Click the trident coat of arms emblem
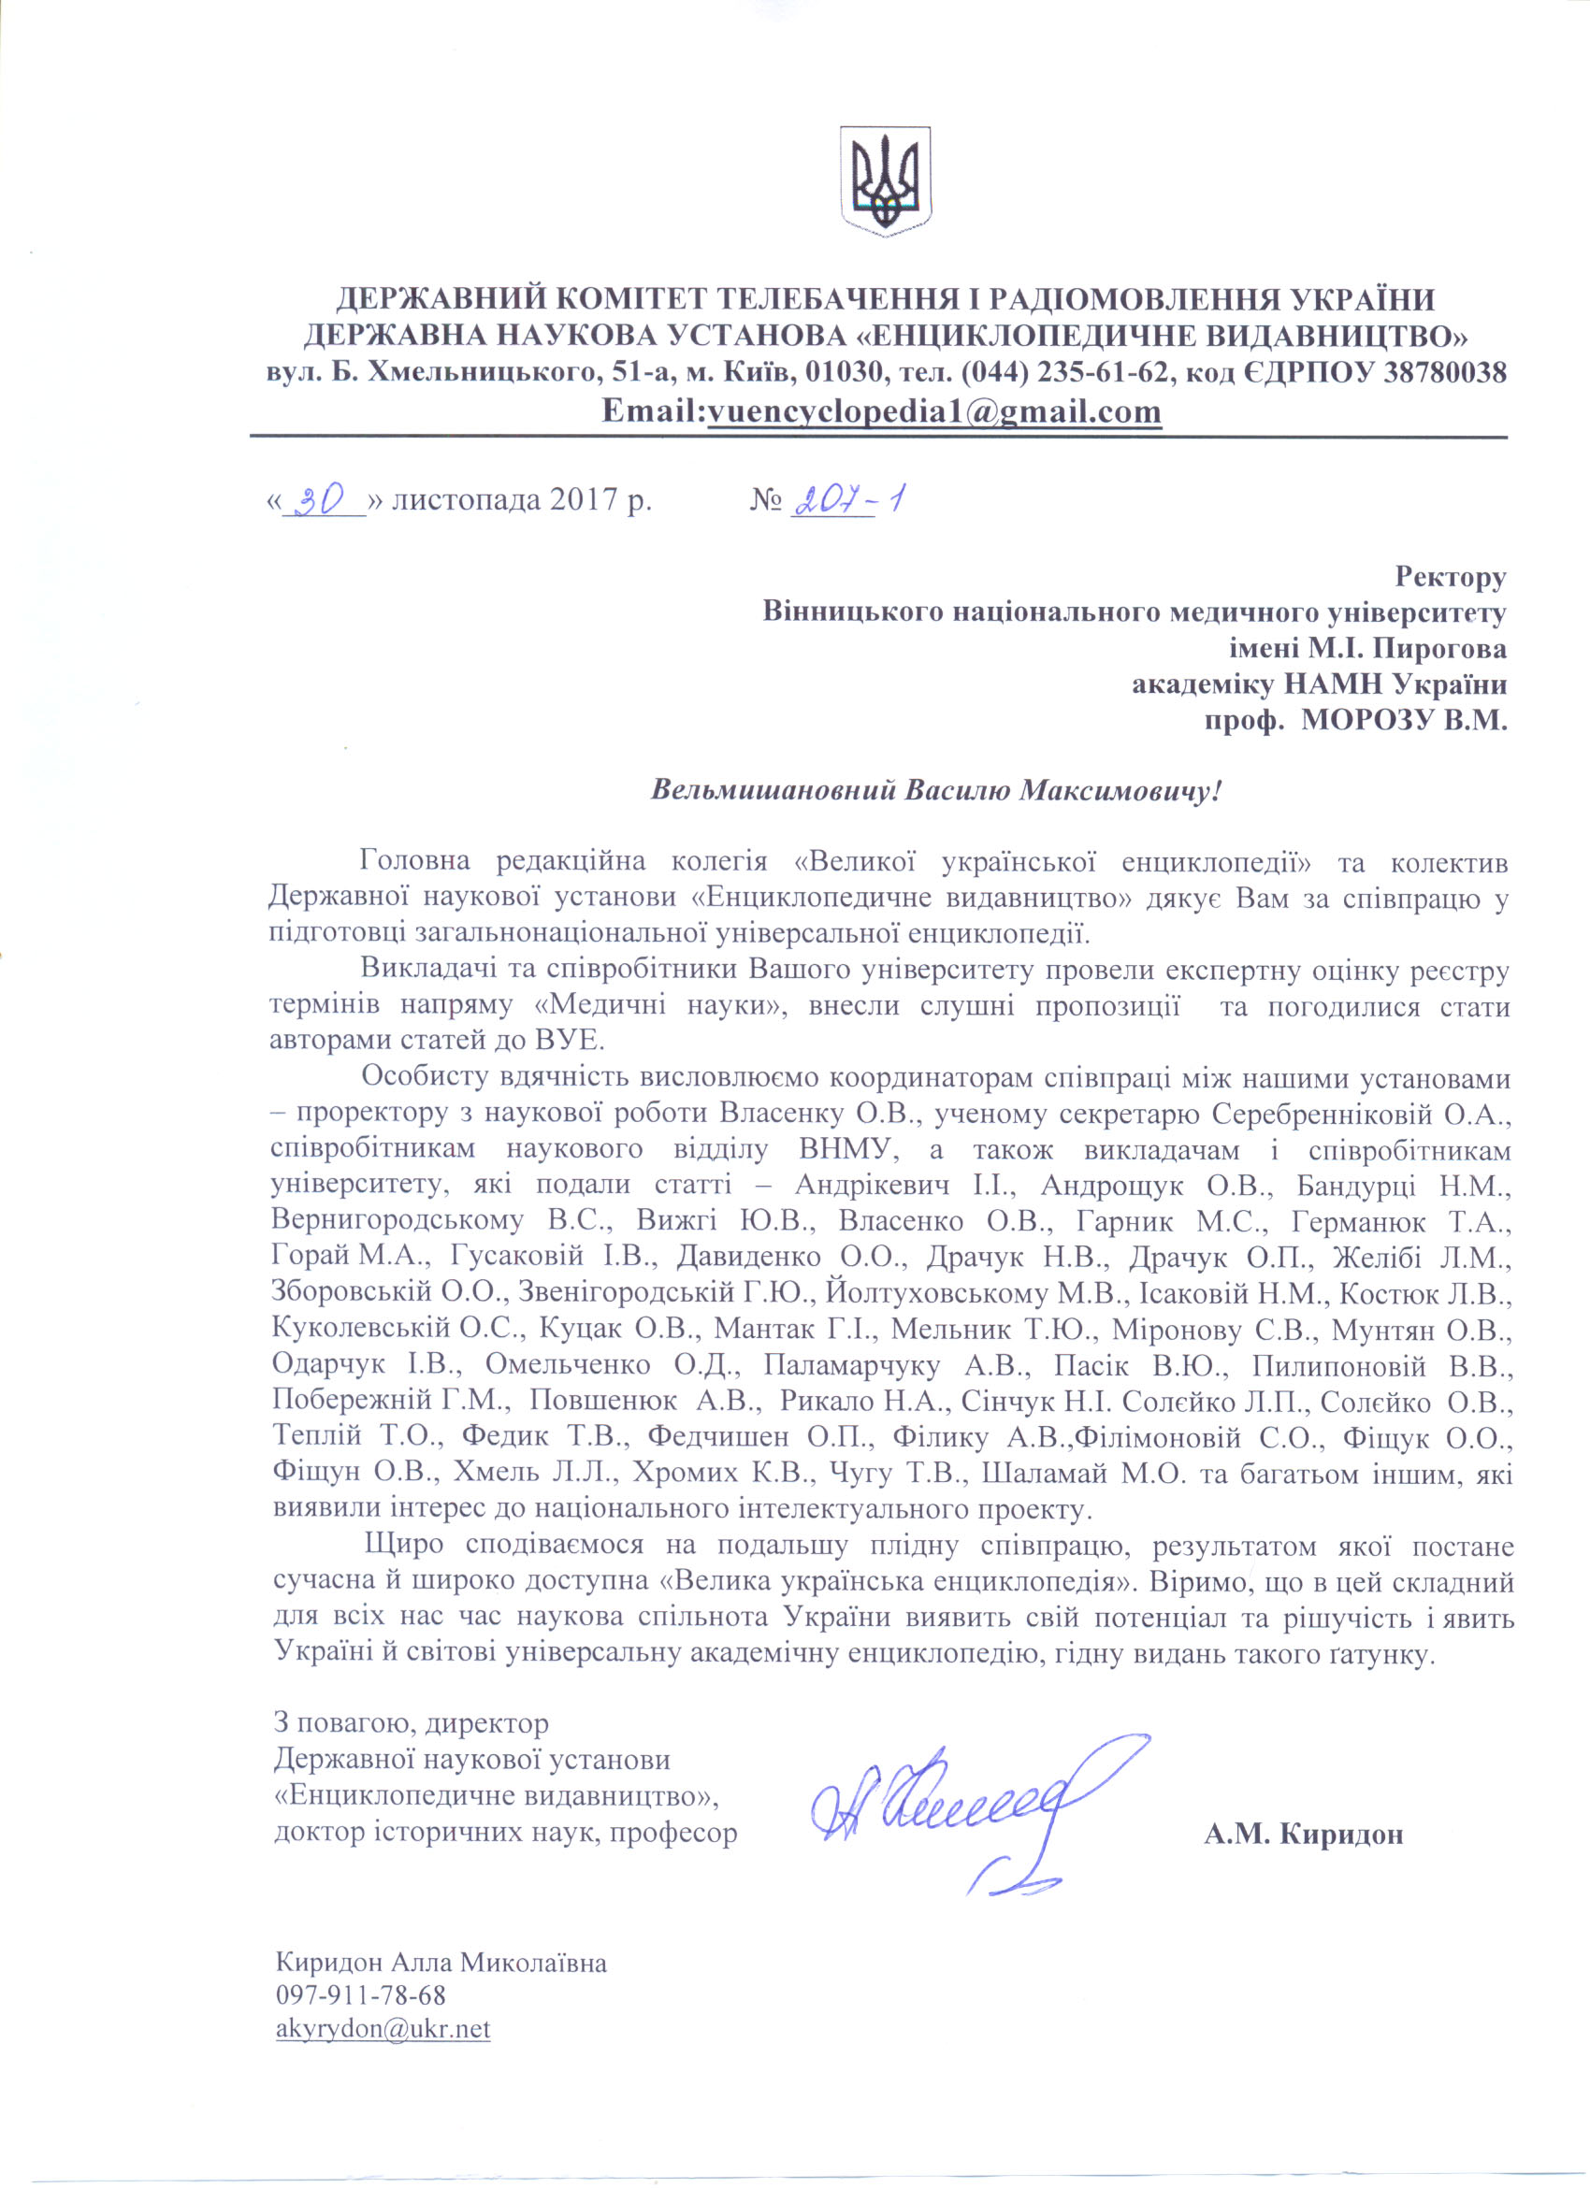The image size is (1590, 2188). tap(885, 180)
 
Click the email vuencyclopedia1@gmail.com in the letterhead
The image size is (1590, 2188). tap(934, 412)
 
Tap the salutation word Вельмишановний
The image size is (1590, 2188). tap(773, 791)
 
